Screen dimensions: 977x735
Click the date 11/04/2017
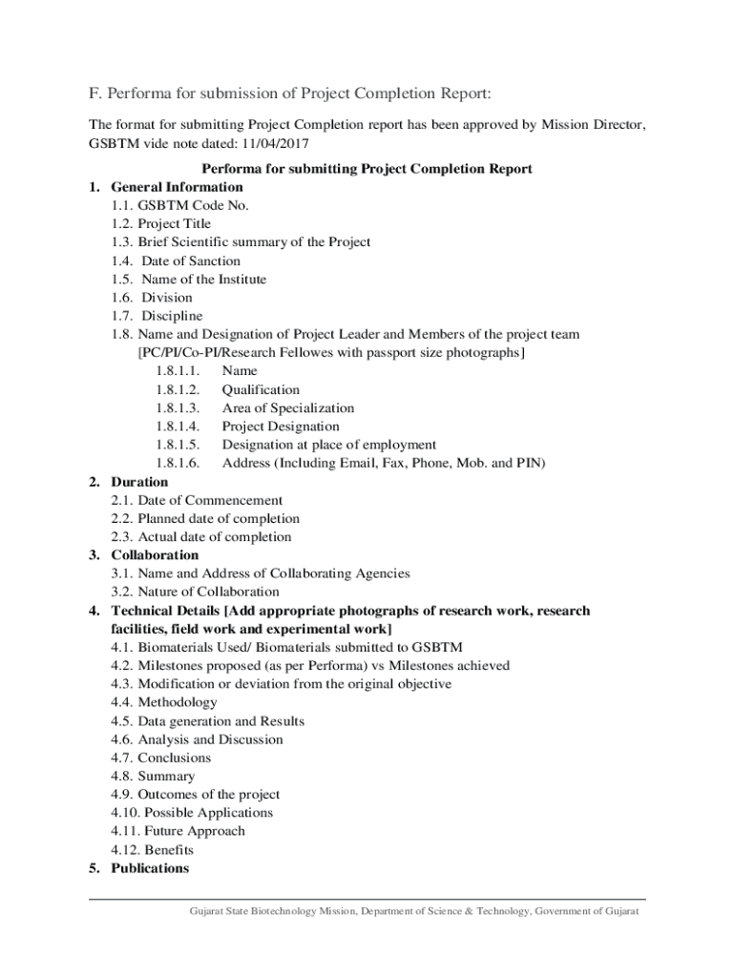[x=279, y=143]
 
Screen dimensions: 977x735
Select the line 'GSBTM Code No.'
[x=194, y=206]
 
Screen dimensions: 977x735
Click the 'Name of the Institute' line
[x=203, y=280]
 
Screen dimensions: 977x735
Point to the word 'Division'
[x=167, y=298]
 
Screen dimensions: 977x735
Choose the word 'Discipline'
[x=172, y=316]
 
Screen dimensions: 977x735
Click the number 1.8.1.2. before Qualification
[x=177, y=390]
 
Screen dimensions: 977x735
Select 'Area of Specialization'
[x=287, y=408]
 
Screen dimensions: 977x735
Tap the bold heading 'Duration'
[x=139, y=483]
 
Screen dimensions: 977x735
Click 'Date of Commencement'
[x=210, y=501]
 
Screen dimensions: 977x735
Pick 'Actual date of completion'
[x=214, y=537]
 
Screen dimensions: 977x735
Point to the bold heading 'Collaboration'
[x=155, y=555]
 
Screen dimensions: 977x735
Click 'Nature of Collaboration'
[x=208, y=592]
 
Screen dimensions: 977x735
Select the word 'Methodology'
[x=177, y=703]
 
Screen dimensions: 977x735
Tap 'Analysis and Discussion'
[x=210, y=739]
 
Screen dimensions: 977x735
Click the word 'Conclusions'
[x=174, y=759]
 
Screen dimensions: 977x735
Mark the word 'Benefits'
[x=169, y=850]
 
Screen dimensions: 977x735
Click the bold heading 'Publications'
[x=150, y=868]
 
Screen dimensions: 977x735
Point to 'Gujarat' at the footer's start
[x=208, y=912]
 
